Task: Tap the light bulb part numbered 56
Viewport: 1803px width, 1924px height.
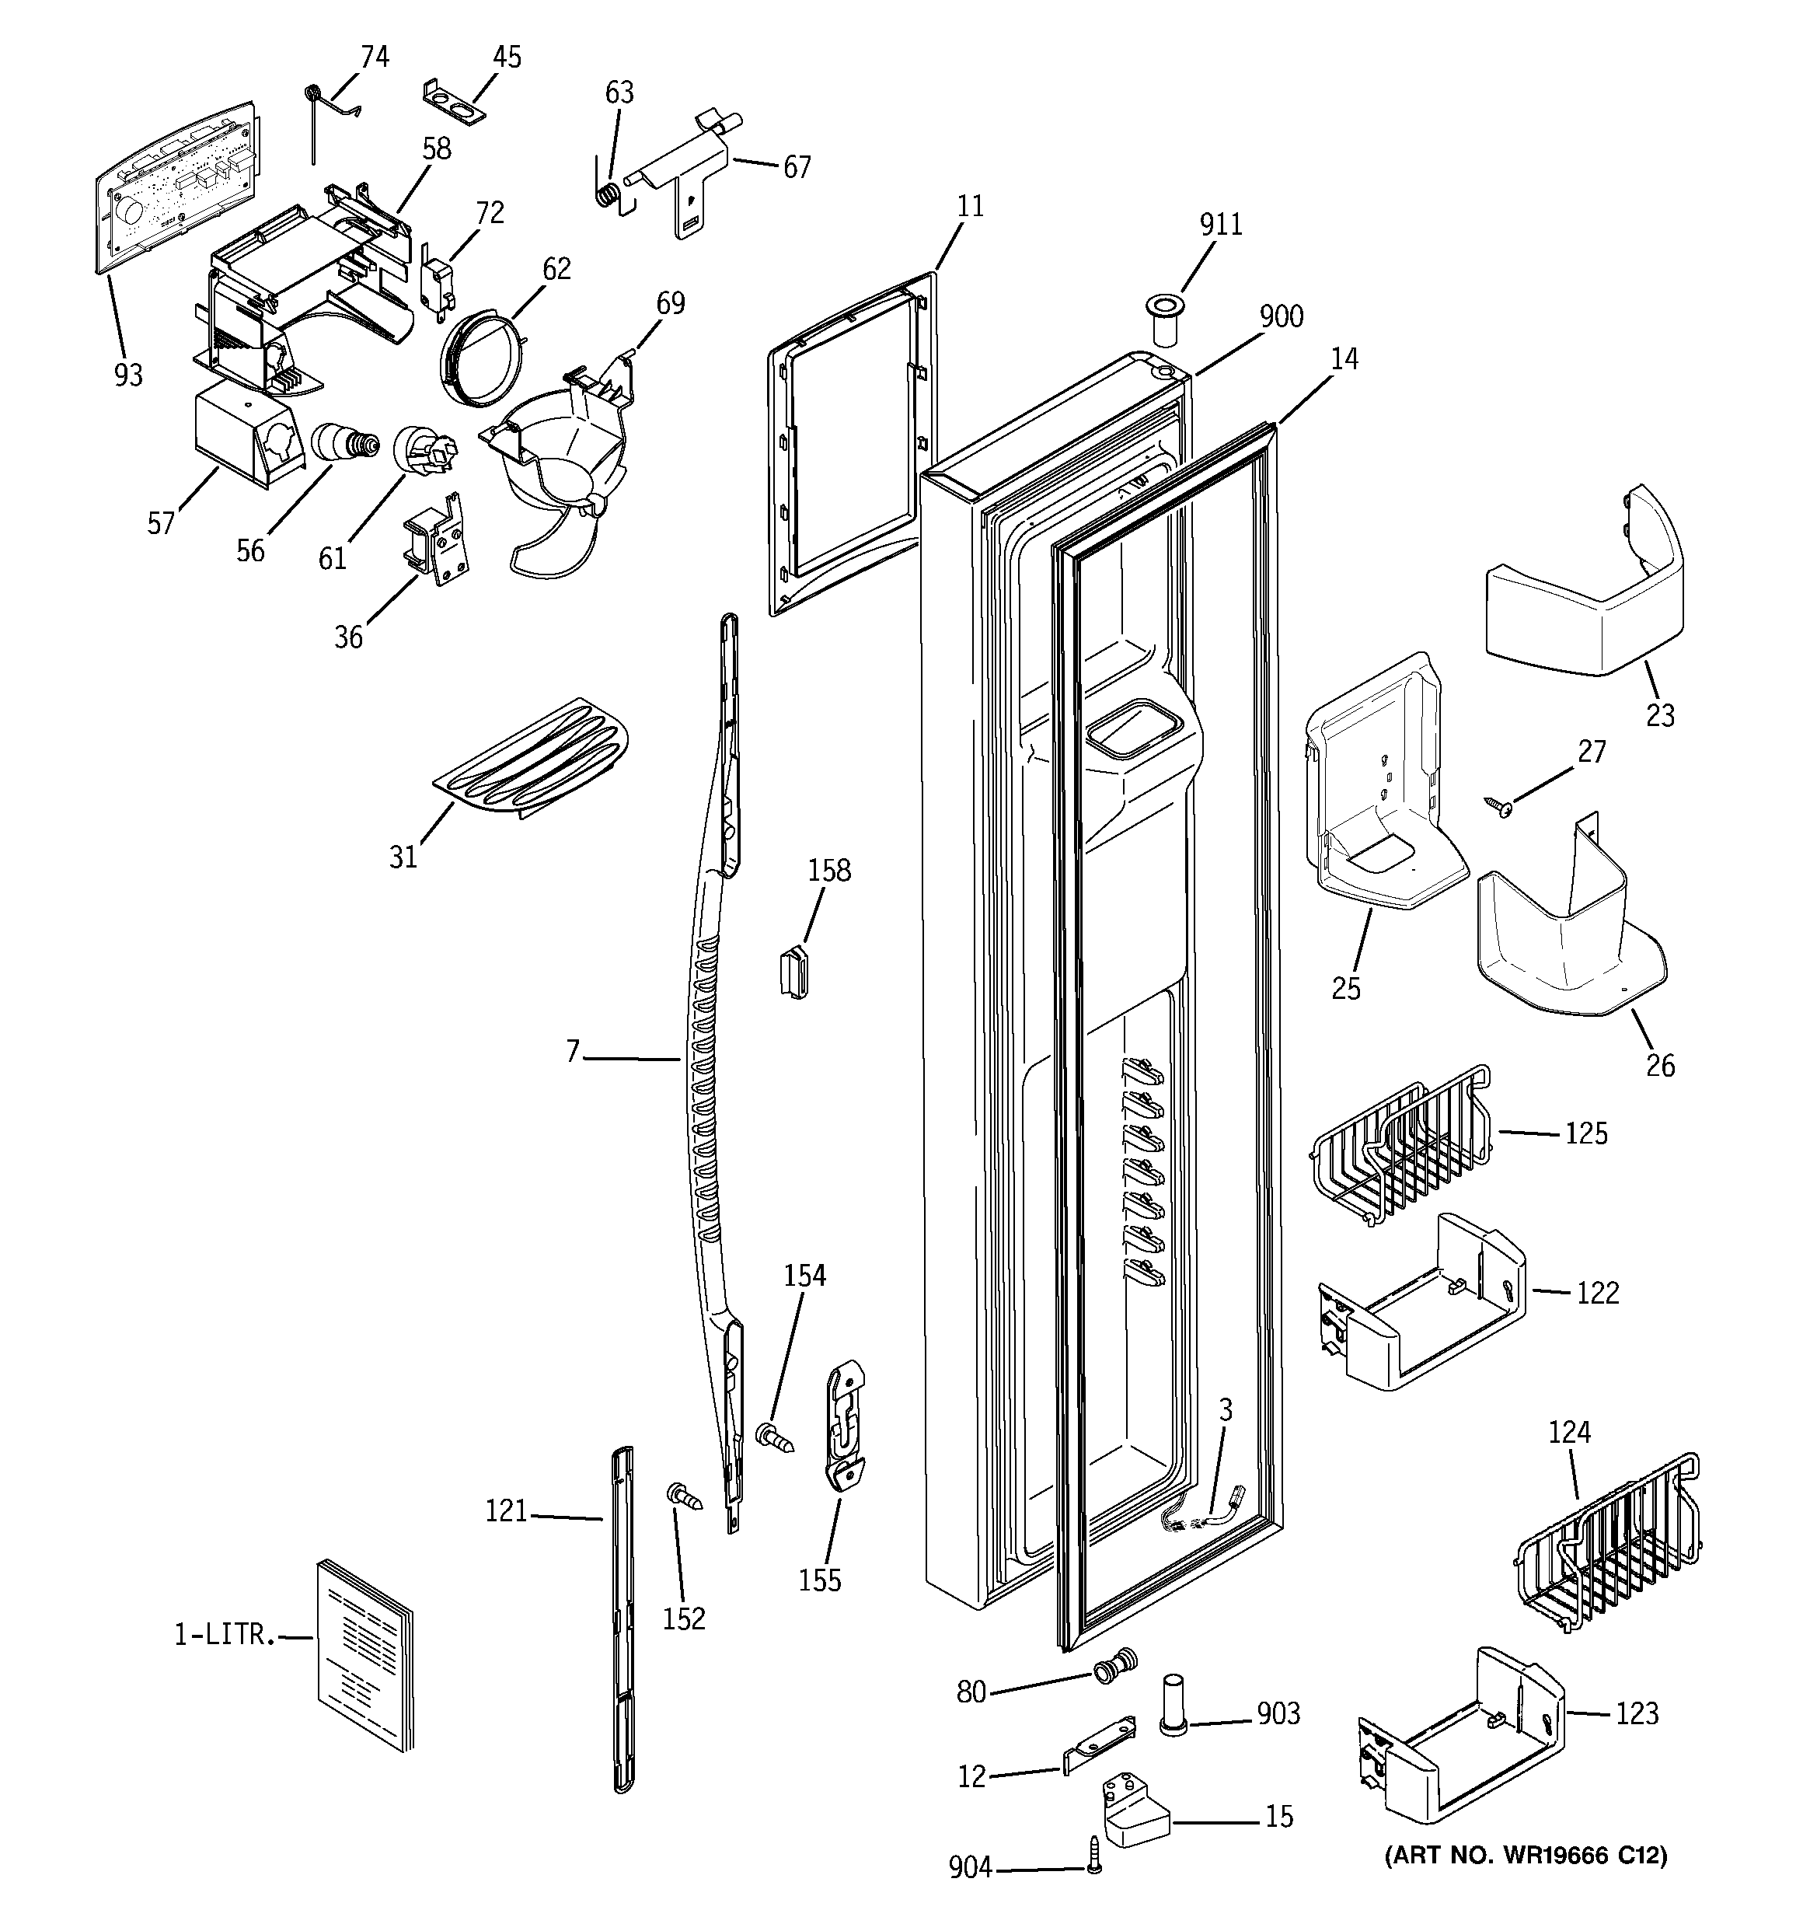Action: pyautogui.click(x=343, y=445)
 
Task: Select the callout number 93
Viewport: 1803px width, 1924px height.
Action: pyautogui.click(x=127, y=375)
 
